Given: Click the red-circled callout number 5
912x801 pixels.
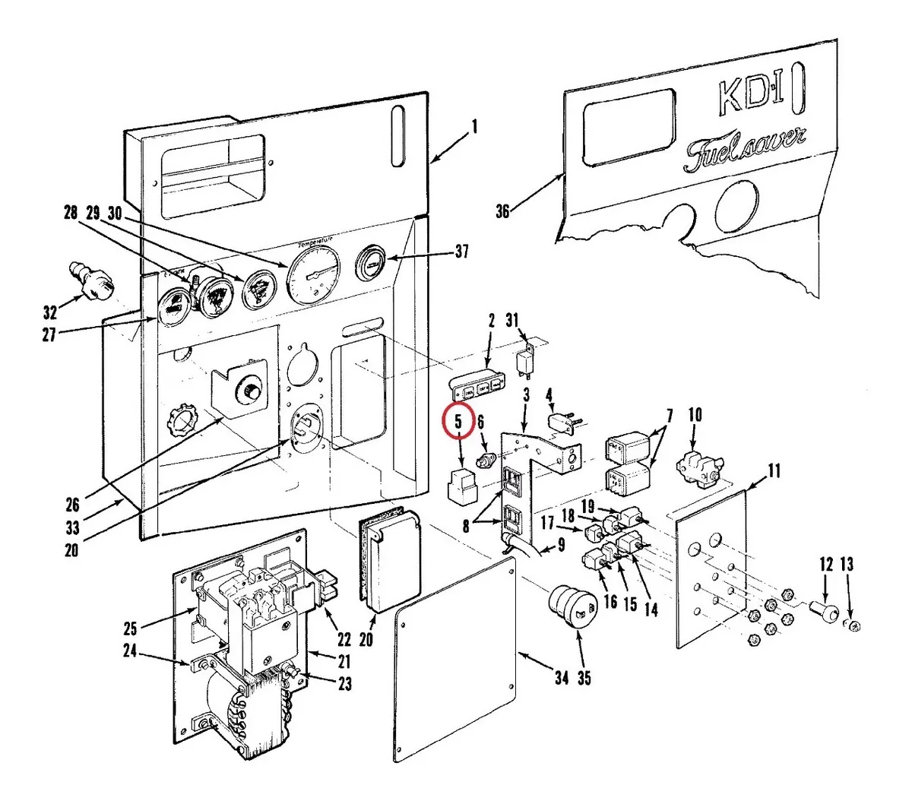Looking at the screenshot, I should coord(458,423).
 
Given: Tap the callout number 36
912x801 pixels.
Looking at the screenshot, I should coord(502,212).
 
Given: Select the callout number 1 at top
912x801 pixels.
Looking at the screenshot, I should coord(475,128).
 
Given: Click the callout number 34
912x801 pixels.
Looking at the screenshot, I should coord(561,677).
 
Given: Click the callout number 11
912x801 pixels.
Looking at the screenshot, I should coord(773,471).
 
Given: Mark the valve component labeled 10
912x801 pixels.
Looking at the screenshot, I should coord(693,462).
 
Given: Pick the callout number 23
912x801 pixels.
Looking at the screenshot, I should coord(345,684).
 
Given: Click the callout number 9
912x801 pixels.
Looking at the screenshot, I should coord(561,544).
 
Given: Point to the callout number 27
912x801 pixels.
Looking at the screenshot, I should coord(49,334).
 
